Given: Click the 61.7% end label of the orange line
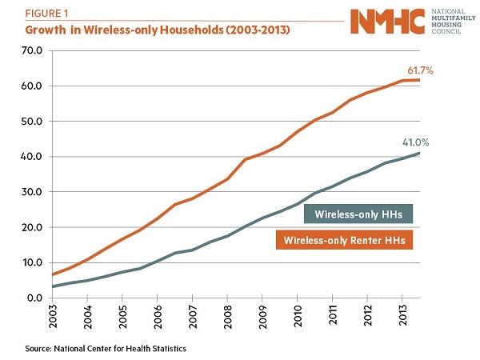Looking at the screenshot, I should point(418,71).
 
